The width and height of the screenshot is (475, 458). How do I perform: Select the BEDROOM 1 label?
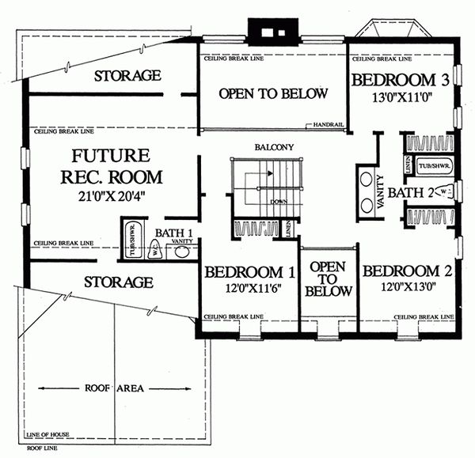click(x=250, y=273)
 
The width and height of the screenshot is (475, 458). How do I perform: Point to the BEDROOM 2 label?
click(x=407, y=271)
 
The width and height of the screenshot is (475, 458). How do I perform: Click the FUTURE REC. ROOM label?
click(x=116, y=165)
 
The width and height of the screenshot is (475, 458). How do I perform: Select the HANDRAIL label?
click(x=327, y=124)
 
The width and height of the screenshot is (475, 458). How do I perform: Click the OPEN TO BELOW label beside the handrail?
click(x=272, y=94)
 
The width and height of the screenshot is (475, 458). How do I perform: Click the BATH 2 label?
click(x=416, y=192)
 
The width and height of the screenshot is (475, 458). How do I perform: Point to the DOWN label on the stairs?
click(x=278, y=202)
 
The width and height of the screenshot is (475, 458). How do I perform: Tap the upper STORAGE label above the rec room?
click(x=128, y=76)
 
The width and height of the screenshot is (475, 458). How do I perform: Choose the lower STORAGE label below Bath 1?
click(x=118, y=282)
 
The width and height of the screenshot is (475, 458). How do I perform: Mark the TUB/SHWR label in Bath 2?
click(x=432, y=165)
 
